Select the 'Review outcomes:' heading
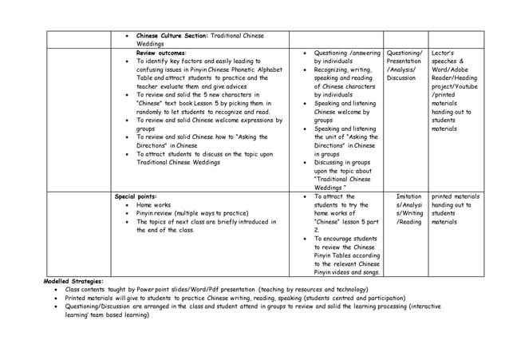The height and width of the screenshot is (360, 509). pos(162,52)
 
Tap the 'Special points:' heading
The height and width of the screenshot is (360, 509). pos(136,196)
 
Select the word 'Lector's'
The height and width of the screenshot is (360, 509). pos(444,52)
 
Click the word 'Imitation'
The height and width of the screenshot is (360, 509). pos(409,196)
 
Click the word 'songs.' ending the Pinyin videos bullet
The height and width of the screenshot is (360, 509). pos(368,273)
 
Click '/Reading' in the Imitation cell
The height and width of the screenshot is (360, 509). pos(409,222)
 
